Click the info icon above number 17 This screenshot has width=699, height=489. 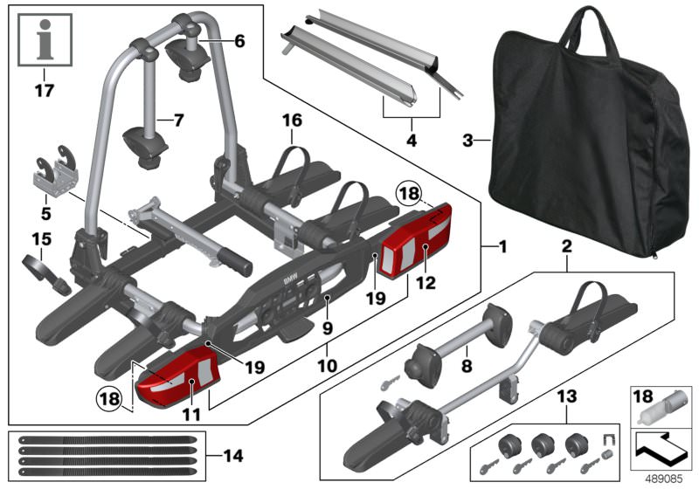45,39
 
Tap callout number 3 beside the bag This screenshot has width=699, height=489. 467,141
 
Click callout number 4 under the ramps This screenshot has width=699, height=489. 412,141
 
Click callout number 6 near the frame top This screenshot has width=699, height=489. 239,41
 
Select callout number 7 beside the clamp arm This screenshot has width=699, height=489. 178,121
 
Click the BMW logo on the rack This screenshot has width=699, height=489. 291,279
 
